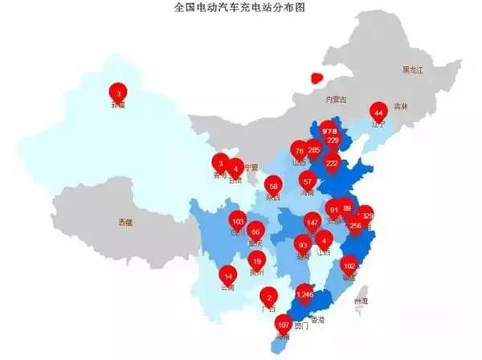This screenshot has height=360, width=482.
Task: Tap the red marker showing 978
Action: (329, 130)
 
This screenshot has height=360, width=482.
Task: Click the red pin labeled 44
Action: (378, 112)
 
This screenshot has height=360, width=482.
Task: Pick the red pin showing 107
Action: (283, 325)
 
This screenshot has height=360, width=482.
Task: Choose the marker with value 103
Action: (237, 221)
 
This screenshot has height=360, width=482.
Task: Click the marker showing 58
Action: (273, 183)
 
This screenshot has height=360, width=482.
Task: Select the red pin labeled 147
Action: (312, 221)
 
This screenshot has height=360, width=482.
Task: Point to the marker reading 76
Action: (299, 150)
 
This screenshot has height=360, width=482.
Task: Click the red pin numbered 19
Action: (257, 260)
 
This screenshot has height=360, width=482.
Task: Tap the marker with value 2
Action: (269, 297)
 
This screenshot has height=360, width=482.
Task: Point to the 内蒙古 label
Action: (334, 100)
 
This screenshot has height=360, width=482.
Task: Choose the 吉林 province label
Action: (401, 107)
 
